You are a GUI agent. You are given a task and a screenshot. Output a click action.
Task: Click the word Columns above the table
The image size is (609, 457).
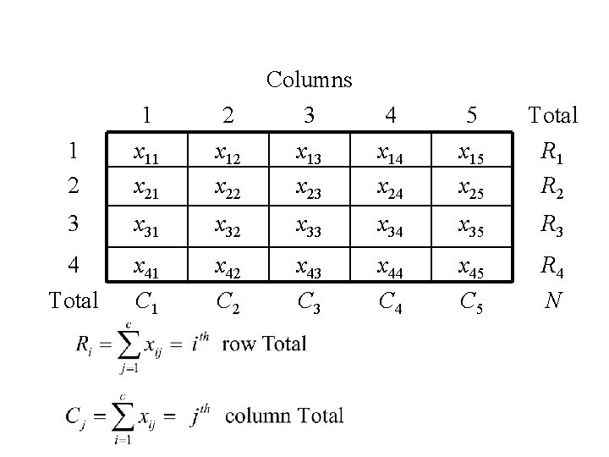tap(309, 80)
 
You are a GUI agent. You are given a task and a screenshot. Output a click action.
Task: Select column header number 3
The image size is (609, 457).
tap(310, 114)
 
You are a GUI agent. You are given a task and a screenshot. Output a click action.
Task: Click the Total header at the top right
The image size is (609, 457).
tap(552, 114)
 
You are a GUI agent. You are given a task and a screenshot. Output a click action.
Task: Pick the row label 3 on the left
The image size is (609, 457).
tap(74, 225)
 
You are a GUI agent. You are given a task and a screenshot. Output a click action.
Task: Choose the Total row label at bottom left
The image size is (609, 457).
tap(73, 300)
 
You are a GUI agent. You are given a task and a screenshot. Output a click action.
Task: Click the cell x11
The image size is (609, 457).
tap(149, 155)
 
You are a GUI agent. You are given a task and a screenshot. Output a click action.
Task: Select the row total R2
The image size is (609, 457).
tap(552, 187)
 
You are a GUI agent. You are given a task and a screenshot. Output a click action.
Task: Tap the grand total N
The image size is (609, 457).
tap(552, 300)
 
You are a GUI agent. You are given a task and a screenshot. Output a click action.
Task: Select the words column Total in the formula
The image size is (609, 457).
tap(284, 416)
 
